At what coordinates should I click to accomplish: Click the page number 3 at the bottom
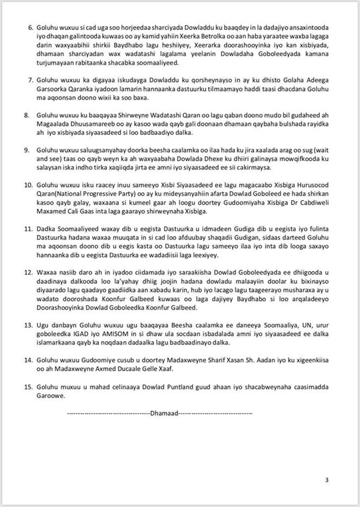coord(327,480)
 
